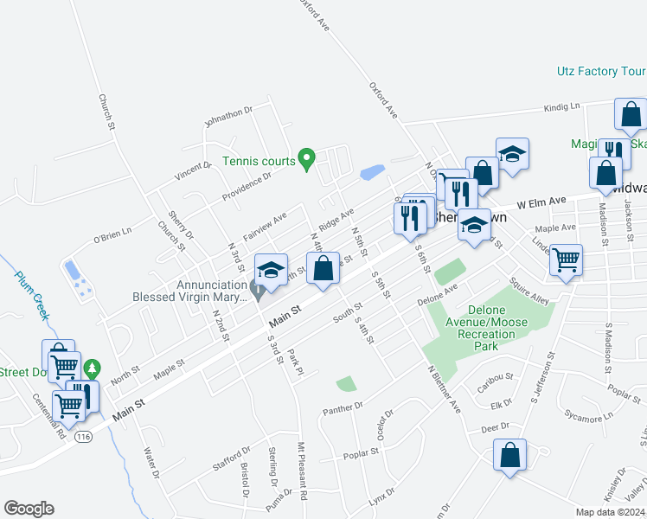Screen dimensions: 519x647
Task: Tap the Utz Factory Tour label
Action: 600,71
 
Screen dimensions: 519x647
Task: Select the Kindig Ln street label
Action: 562,106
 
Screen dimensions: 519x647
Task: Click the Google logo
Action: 29,509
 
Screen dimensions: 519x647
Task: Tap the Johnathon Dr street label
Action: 227,115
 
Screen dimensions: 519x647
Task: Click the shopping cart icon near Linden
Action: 566,259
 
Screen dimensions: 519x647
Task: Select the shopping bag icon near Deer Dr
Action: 510,454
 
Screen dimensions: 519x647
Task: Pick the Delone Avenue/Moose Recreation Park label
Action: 491,328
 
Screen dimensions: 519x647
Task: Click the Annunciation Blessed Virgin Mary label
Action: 186,291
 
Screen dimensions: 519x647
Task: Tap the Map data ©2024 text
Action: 610,512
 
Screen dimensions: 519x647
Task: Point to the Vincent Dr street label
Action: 193,171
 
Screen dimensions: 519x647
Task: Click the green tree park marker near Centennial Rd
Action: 92,370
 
